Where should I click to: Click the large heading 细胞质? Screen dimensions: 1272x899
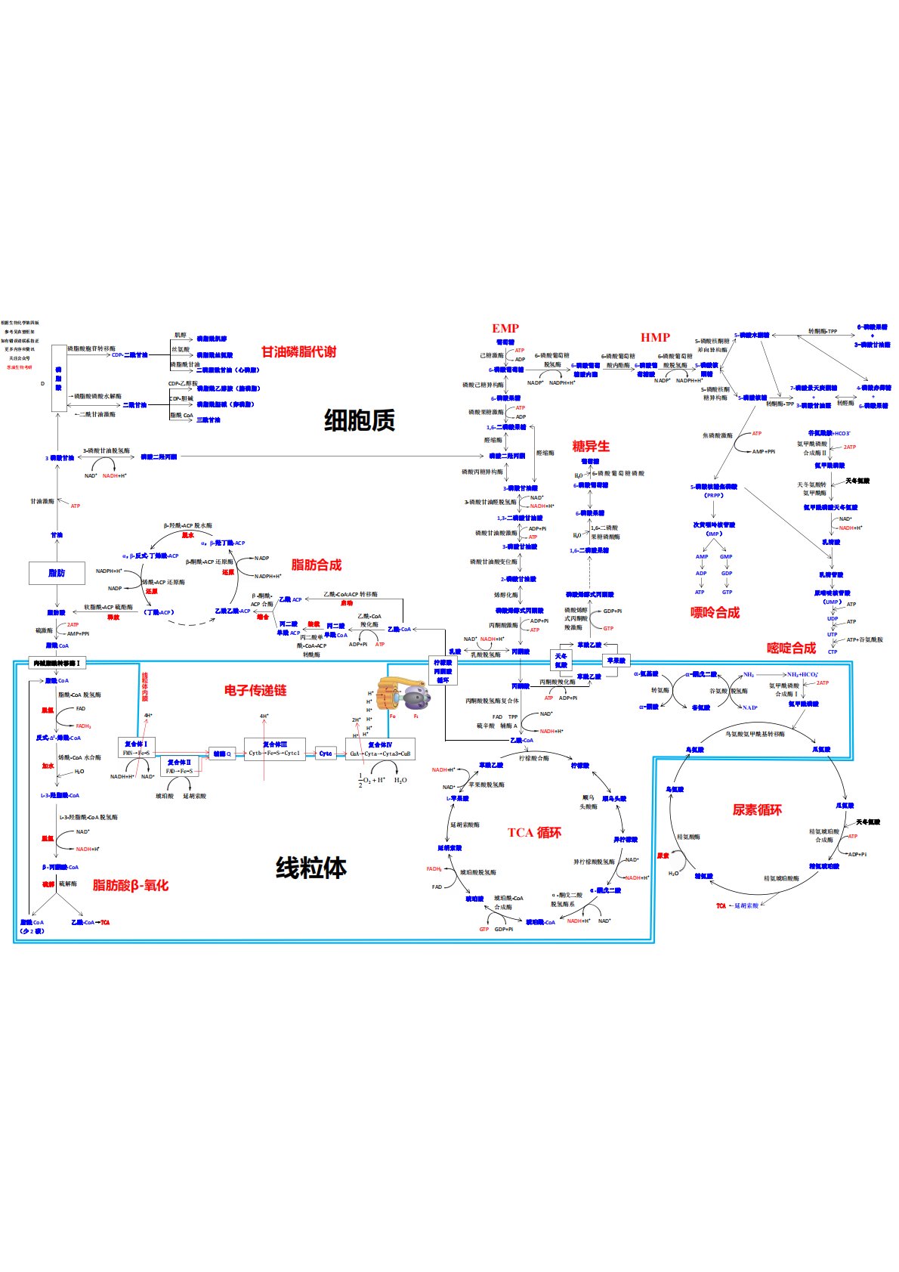[x=359, y=420]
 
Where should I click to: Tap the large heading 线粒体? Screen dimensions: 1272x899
[x=311, y=868]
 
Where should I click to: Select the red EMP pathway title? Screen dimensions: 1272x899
[x=505, y=328]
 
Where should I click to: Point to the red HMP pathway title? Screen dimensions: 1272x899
[x=655, y=337]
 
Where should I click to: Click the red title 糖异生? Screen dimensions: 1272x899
[x=591, y=446]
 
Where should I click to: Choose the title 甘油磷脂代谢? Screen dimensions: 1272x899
[x=298, y=351]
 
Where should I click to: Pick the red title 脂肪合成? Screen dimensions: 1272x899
[x=316, y=565]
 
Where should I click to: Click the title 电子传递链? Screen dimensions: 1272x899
[x=255, y=690]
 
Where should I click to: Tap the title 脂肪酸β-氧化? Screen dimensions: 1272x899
[x=131, y=885]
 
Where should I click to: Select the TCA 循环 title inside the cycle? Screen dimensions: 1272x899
[x=534, y=832]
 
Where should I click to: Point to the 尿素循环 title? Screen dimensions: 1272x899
[x=756, y=809]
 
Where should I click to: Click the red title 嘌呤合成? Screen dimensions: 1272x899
[x=715, y=612]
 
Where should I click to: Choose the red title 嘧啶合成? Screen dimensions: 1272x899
[x=791, y=648]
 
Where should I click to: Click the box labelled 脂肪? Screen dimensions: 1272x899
[x=57, y=573]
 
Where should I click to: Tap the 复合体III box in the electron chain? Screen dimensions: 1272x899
[x=275, y=749]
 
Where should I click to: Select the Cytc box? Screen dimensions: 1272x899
[x=326, y=754]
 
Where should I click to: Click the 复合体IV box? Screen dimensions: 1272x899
[x=380, y=749]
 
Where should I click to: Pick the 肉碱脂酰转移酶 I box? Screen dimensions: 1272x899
[x=57, y=663]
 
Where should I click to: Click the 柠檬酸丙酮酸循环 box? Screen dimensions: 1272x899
[x=443, y=671]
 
